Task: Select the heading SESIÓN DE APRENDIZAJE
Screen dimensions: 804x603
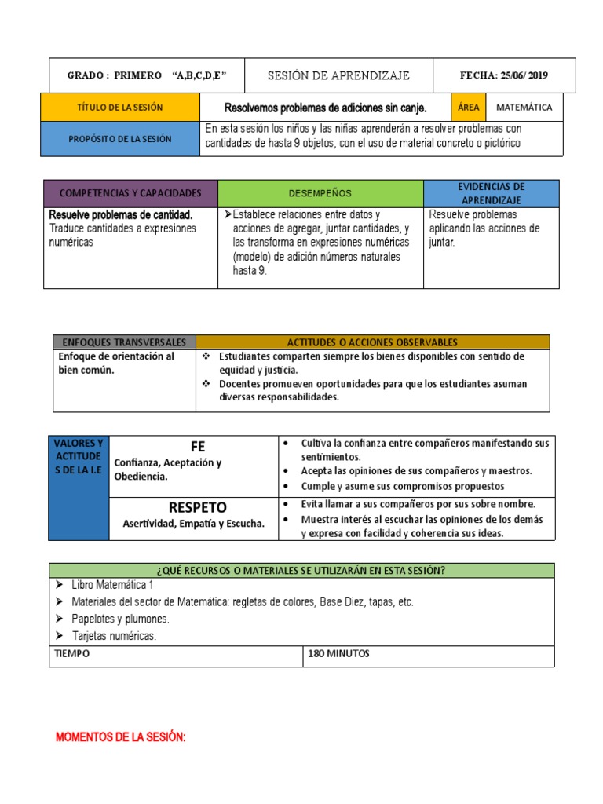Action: click(338, 75)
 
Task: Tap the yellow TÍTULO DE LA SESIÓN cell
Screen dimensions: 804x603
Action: click(121, 107)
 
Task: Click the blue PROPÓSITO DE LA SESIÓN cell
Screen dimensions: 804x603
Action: click(121, 138)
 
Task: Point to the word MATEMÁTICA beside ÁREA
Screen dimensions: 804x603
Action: click(524, 107)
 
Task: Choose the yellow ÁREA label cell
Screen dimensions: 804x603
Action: click(468, 107)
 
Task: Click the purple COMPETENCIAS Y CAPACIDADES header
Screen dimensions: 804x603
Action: click(130, 193)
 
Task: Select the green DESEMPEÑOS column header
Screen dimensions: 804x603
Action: click(320, 193)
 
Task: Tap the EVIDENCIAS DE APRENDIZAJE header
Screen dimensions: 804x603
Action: click(492, 193)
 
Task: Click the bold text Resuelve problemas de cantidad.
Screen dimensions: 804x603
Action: click(121, 214)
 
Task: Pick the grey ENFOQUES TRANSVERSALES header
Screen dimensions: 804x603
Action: click(124, 342)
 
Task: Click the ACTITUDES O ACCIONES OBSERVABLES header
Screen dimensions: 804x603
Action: click(372, 342)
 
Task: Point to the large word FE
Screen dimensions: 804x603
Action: click(197, 447)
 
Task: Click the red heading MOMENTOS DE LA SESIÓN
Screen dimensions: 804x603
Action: click(120, 738)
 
